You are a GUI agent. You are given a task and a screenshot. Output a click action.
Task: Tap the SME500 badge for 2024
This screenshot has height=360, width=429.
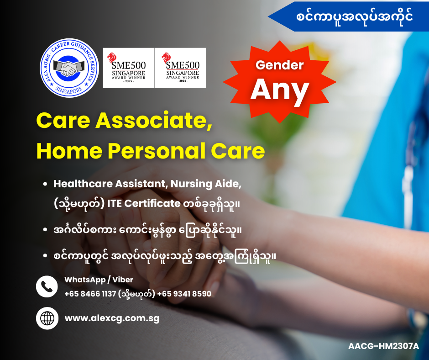180,68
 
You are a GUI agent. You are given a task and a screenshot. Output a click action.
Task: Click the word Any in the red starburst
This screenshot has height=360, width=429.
279,90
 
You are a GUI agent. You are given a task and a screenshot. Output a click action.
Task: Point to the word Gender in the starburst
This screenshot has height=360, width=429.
279,65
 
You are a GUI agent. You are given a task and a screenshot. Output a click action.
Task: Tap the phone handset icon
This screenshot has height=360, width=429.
47,286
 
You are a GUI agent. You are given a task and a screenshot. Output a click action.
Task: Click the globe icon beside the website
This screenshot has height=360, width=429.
47,318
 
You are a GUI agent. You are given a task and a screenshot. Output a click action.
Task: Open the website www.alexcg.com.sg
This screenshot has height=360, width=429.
112,318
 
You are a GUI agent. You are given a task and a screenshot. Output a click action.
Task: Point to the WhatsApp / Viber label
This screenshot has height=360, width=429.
99,280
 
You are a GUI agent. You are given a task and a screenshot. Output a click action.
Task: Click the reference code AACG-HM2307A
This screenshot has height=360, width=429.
383,346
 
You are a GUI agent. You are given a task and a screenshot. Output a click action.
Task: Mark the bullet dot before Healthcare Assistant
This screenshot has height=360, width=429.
45,184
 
